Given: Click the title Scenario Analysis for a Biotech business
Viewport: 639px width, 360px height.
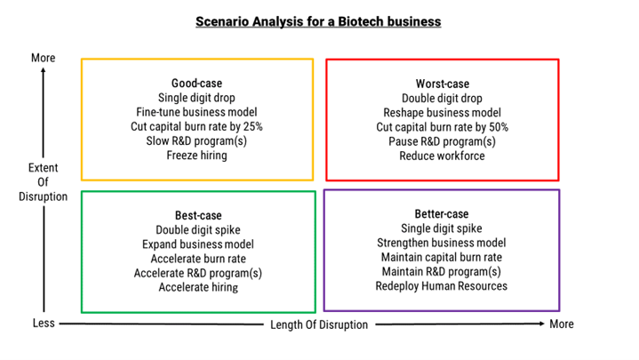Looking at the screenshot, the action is (318, 21).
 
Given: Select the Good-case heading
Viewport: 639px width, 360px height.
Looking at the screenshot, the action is (196, 84).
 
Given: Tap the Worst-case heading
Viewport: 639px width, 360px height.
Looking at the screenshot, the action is (443, 84).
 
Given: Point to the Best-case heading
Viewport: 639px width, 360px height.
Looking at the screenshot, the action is (198, 215).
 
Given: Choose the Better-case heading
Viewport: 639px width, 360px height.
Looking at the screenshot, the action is (442, 213).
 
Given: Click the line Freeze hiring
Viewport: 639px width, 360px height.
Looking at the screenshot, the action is (196, 156).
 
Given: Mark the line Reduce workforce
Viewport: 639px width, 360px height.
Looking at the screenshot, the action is (443, 156).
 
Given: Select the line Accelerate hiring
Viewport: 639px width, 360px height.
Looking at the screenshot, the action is (198, 287).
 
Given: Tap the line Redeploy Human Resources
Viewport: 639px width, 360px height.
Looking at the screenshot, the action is (442, 286).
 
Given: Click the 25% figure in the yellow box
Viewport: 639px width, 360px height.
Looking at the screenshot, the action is (252, 126).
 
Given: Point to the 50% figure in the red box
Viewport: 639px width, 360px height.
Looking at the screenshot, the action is (499, 127).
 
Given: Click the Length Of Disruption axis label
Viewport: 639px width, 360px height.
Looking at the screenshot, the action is (319, 324).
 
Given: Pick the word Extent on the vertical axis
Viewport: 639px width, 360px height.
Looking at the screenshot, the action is (44, 168).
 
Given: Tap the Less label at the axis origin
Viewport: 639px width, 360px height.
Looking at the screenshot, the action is (44, 323).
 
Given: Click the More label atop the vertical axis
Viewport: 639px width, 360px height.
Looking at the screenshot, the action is (44, 58).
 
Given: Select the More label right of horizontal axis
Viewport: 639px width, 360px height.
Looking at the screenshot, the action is (562, 324).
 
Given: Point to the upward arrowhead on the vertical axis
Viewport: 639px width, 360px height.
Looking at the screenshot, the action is (44, 70).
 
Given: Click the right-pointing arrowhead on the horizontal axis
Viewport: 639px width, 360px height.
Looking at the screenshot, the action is (541, 324).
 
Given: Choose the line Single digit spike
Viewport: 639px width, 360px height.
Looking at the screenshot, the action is (442, 228).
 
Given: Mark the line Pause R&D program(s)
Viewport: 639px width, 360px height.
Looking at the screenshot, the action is (443, 141).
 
